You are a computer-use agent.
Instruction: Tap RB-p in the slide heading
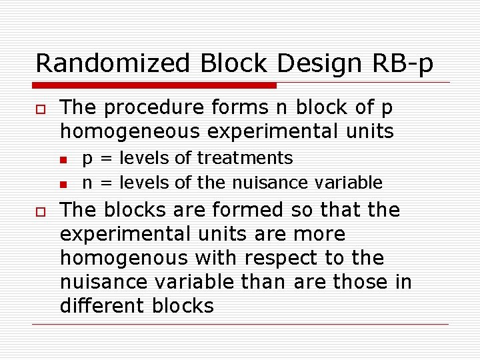click(x=403, y=63)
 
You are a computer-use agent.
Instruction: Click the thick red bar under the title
click(x=155, y=85)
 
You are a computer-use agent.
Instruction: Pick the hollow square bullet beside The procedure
click(x=39, y=109)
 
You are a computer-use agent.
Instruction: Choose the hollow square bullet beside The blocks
click(x=39, y=211)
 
